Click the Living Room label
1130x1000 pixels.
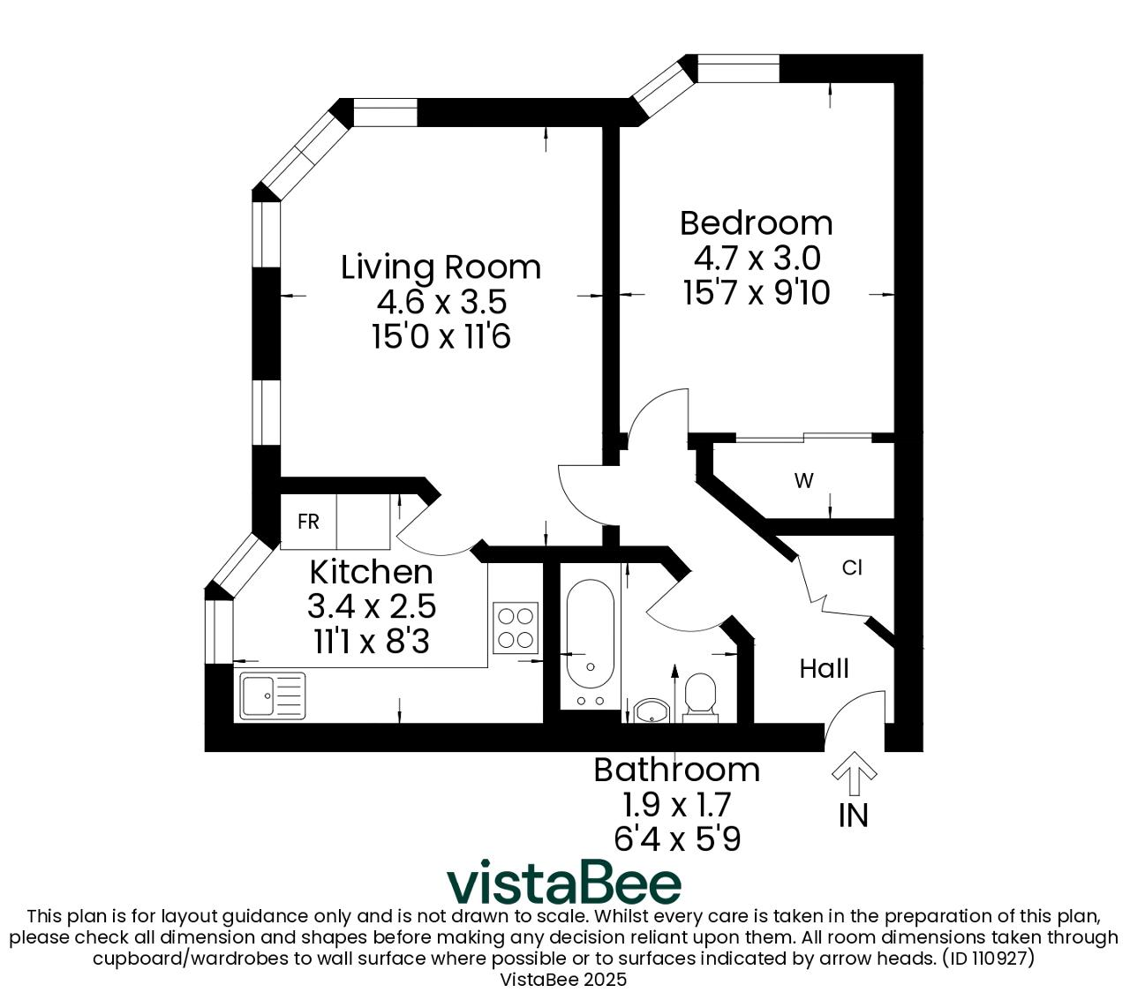(441, 267)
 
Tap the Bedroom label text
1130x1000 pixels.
(756, 223)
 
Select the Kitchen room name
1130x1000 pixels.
(371, 572)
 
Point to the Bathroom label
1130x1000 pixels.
(676, 770)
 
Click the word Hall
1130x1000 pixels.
(824, 668)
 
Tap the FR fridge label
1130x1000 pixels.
(308, 522)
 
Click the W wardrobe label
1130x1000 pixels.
(803, 480)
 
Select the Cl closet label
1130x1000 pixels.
(852, 568)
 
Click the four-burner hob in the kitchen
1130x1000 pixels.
(516, 628)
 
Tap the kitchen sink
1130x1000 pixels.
(273, 695)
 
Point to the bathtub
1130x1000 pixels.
(590, 644)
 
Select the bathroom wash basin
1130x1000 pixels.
(652, 711)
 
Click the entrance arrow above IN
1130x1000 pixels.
(854, 773)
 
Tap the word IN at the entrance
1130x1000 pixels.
(854, 816)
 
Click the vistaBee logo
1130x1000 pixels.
(564, 883)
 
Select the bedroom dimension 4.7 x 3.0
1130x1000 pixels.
(757, 259)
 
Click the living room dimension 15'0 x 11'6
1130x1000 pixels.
(441, 337)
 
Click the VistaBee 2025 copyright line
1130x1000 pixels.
(563, 980)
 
